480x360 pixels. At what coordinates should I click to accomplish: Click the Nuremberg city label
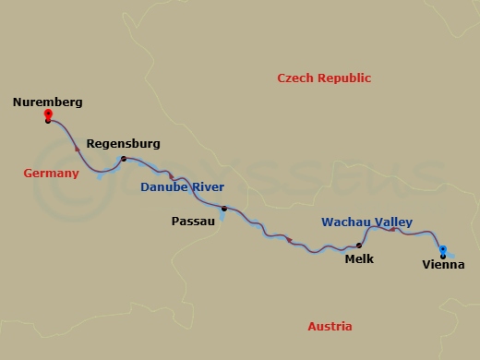click(49, 102)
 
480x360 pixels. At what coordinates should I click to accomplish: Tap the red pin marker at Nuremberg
click(48, 115)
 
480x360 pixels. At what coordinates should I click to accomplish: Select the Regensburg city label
click(123, 144)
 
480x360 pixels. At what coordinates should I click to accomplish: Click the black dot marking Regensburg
click(123, 160)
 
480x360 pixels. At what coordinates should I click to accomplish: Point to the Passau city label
click(193, 222)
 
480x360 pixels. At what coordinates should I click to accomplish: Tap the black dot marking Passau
click(223, 209)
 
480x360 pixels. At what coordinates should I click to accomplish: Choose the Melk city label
click(358, 260)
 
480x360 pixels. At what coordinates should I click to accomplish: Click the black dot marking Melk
click(359, 246)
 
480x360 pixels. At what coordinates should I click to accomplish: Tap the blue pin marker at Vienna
click(443, 249)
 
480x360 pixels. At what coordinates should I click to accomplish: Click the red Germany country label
click(51, 174)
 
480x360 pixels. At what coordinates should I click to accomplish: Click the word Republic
click(344, 78)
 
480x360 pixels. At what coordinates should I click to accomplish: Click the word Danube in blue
click(163, 188)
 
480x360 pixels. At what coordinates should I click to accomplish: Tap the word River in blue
click(209, 188)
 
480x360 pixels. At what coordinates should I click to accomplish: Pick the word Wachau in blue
click(345, 222)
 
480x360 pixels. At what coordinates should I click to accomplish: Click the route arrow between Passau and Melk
click(290, 241)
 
